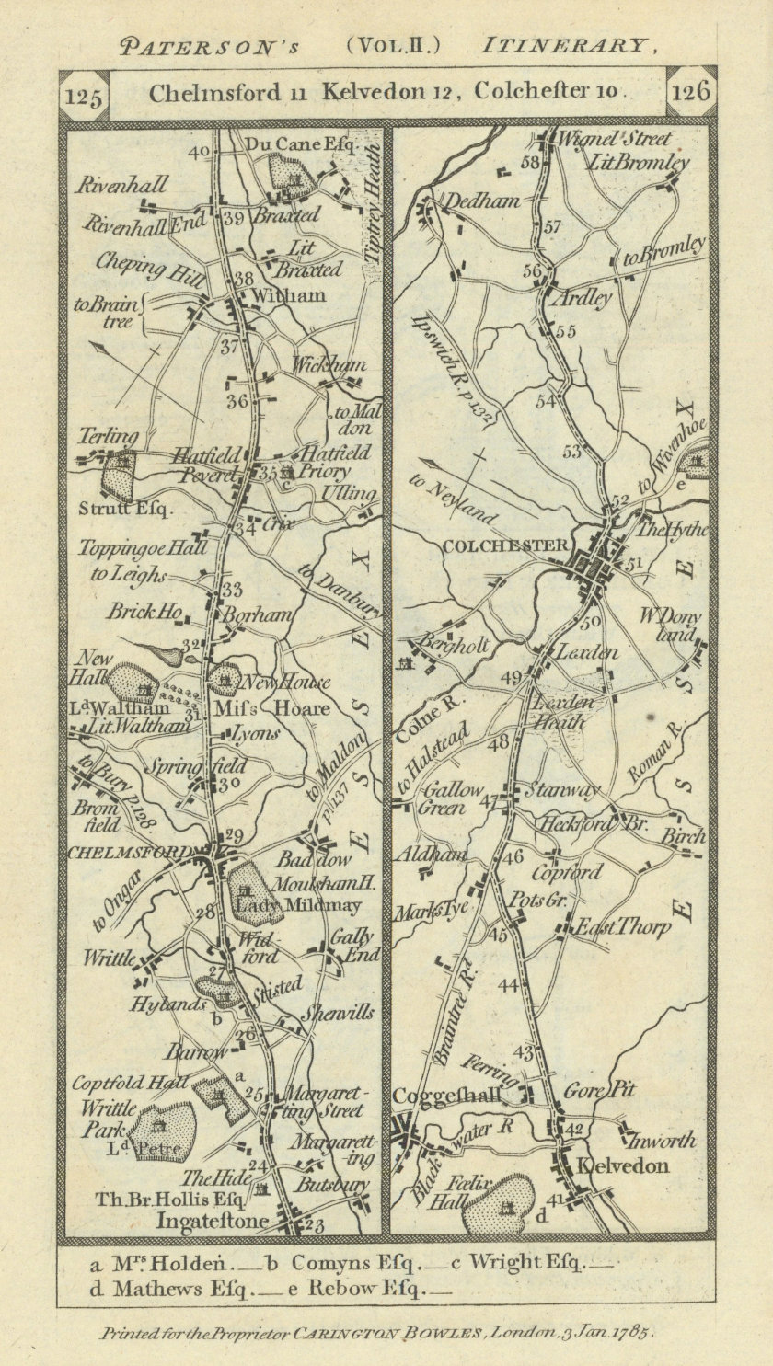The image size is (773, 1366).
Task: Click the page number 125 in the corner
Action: click(x=83, y=95)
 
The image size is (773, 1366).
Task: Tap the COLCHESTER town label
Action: click(x=504, y=545)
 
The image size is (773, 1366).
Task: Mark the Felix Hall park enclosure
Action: click(x=497, y=1202)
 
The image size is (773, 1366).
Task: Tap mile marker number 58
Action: click(x=528, y=163)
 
